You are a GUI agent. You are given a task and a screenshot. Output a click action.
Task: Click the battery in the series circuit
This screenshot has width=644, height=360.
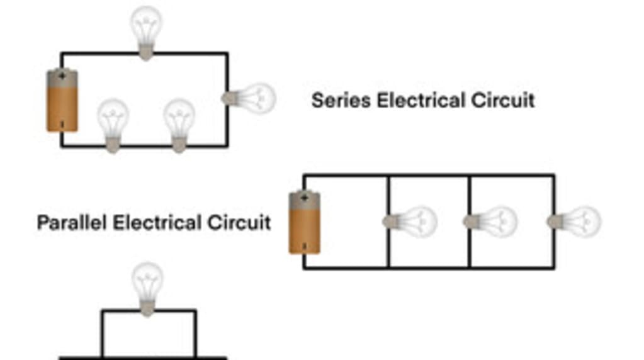coord(62,101)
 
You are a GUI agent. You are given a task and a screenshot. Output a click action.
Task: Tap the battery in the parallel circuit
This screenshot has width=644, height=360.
coord(304,223)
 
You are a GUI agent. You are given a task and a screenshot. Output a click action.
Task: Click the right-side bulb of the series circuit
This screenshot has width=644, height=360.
coord(251,98)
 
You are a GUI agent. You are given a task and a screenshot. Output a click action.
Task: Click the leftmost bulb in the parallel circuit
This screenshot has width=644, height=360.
coord(410,221)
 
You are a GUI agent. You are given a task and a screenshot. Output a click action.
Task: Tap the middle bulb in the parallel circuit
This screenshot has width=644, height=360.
coord(491,221)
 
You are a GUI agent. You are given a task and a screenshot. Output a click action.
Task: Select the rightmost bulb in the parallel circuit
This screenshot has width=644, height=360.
coord(575,221)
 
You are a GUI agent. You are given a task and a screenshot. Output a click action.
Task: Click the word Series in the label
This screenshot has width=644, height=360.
coord(341,100)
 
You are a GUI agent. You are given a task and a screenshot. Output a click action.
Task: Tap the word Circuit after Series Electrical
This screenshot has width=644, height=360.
coord(503,100)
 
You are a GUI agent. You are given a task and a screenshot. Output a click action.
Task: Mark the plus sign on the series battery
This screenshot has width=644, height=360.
coord(62,76)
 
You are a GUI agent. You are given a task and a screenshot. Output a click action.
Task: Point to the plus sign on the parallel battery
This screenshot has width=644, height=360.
coord(304,198)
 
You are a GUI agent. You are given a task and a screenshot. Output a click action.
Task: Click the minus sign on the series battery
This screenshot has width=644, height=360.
coord(62,125)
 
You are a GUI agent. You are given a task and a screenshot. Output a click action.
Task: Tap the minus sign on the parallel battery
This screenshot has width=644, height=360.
coord(304,247)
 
